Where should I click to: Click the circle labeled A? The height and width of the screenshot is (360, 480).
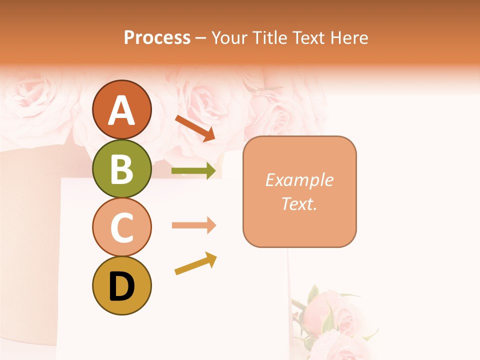coord(121,109)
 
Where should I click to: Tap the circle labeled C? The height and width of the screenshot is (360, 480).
coord(121,227)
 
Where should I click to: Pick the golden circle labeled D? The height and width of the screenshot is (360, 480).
coord(121,286)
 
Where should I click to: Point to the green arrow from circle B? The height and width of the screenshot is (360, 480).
coord(194,171)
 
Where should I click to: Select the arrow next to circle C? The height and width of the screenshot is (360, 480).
coord(194,225)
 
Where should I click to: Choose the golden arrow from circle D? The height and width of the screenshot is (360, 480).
coord(195,263)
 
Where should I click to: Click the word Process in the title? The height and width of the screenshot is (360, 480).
coord(157,38)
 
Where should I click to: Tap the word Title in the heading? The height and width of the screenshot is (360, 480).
coord(269,38)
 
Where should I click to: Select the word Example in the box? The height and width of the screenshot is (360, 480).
coord(299,180)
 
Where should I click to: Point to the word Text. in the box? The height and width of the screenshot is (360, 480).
coord(299,203)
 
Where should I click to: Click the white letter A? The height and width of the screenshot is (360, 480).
coord(121,110)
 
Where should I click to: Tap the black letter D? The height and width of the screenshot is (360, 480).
coord(121,287)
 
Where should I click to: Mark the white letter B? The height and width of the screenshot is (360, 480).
coord(121,169)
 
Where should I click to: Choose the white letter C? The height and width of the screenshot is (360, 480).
coord(121,228)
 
